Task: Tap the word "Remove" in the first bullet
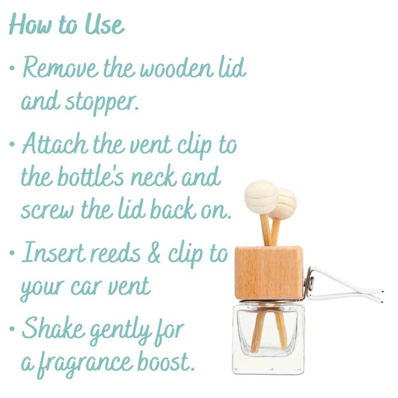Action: [60, 67]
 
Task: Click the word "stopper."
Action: [102, 103]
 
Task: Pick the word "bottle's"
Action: [91, 176]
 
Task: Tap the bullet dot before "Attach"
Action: [12, 144]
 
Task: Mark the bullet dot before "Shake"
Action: [12, 329]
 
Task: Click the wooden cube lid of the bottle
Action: [269, 273]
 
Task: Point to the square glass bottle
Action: [268, 337]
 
